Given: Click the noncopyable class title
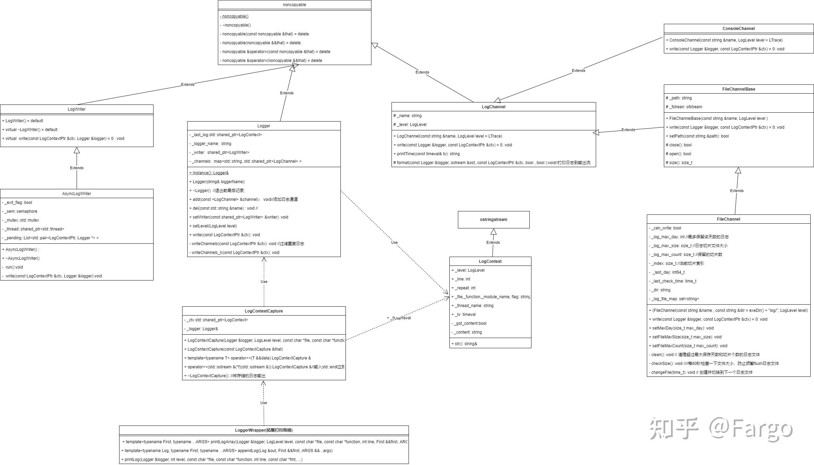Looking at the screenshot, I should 294,5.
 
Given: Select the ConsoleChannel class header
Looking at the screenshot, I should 738,29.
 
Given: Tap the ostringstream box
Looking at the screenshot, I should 493,220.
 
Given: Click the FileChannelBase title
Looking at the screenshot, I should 738,89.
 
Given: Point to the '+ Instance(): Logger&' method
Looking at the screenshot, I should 209,173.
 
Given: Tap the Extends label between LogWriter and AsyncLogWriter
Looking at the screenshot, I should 77,168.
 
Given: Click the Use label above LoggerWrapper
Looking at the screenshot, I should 264,403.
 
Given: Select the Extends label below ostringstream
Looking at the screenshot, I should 493,242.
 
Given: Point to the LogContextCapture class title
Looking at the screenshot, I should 264,311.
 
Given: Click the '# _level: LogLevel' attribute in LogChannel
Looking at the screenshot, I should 410,125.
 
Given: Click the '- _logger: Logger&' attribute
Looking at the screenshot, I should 201,329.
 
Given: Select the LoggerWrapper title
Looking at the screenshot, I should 264,430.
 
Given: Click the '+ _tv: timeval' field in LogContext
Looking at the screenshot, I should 463,315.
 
